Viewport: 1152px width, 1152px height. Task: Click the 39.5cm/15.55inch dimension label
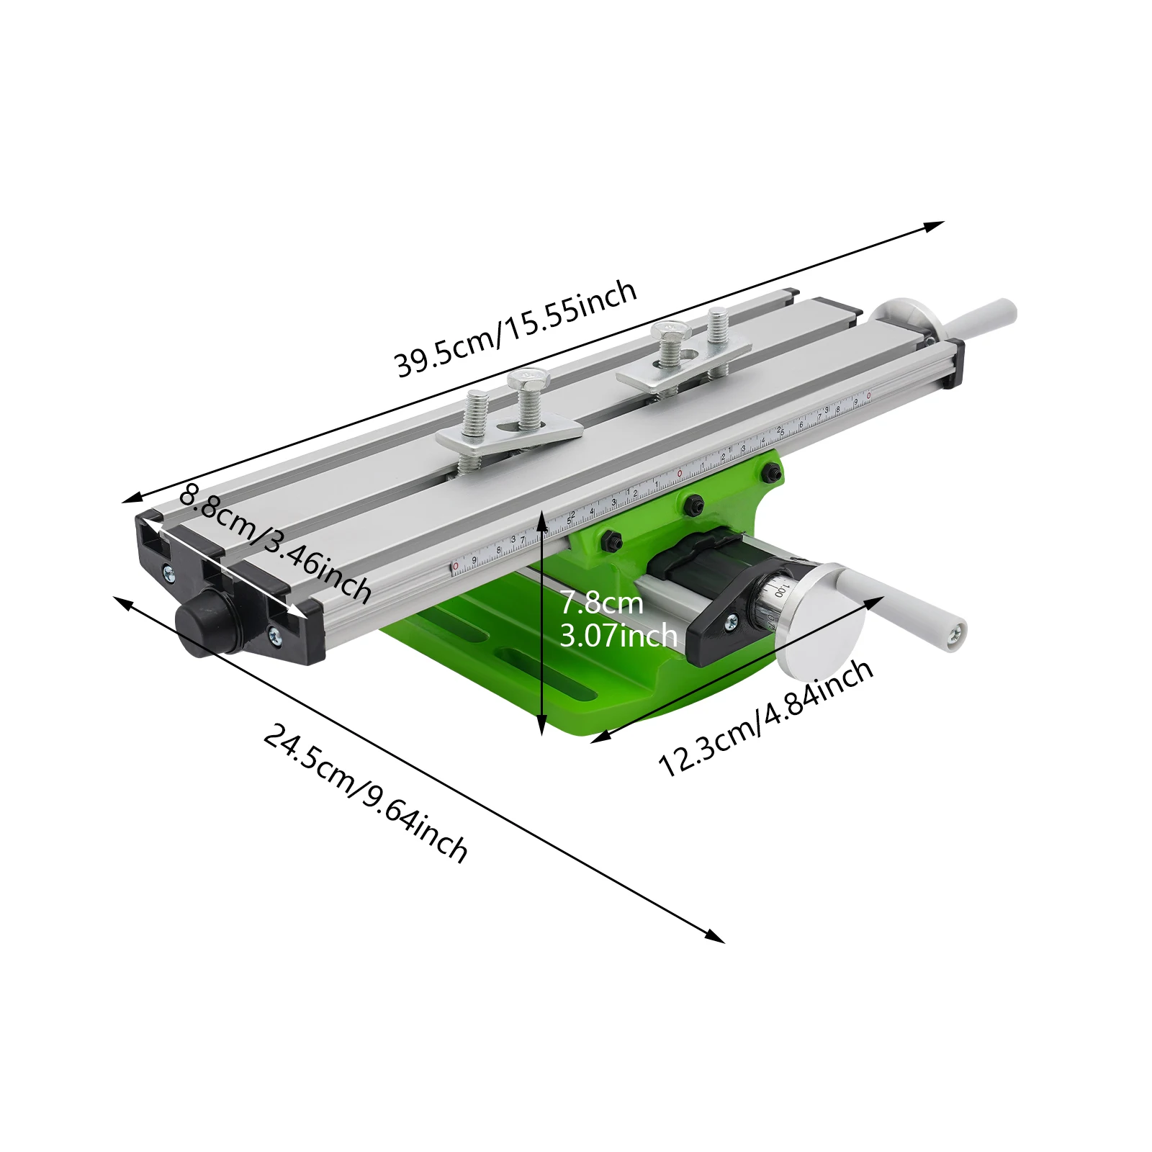(x=516, y=328)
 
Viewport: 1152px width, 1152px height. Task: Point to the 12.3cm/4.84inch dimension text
(x=766, y=717)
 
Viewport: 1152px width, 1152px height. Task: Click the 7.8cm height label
(x=601, y=603)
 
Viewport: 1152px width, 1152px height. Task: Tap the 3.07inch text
(x=618, y=636)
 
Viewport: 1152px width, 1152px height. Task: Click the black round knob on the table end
(x=206, y=621)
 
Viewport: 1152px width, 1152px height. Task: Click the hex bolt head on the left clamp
(x=528, y=378)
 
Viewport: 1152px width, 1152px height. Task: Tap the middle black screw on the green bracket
(x=693, y=505)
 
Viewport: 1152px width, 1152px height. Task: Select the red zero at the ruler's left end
(x=455, y=567)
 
